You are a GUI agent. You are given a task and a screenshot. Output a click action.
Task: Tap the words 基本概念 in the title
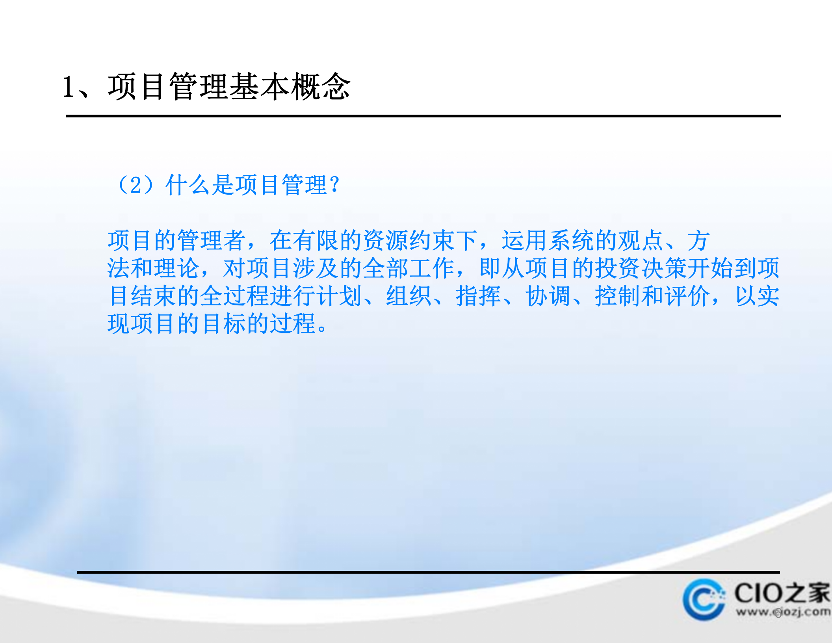290,87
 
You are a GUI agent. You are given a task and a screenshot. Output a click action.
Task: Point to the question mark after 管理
335,185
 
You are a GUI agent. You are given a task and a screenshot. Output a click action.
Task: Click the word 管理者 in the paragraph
212,240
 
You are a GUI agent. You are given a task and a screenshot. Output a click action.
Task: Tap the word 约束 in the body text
432,240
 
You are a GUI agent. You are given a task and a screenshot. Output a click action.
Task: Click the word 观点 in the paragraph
641,240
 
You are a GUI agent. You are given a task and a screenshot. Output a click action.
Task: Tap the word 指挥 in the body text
478,296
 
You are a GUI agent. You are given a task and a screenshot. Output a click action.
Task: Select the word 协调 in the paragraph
548,296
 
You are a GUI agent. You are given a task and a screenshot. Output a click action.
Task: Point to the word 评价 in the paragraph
687,296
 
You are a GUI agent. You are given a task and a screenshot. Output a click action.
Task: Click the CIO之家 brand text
782,593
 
